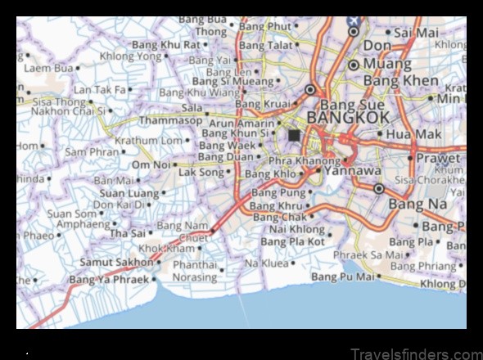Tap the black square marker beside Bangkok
(x=294, y=135)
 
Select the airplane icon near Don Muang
(x=353, y=20)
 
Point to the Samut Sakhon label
(x=115, y=263)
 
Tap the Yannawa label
(x=353, y=171)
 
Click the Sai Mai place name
(x=416, y=33)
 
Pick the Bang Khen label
(x=401, y=82)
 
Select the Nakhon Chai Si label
(x=67, y=110)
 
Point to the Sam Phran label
(x=91, y=151)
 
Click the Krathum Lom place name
(x=147, y=141)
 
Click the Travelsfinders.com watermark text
(x=415, y=353)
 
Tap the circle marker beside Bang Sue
(x=310, y=90)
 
